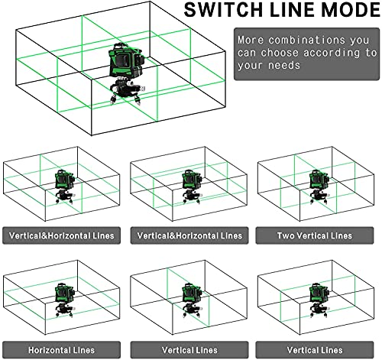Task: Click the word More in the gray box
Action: point(251,40)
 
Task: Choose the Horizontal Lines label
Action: point(60,350)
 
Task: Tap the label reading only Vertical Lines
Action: point(187,350)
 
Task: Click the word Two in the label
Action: point(284,235)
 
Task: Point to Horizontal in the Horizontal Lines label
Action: point(48,350)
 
